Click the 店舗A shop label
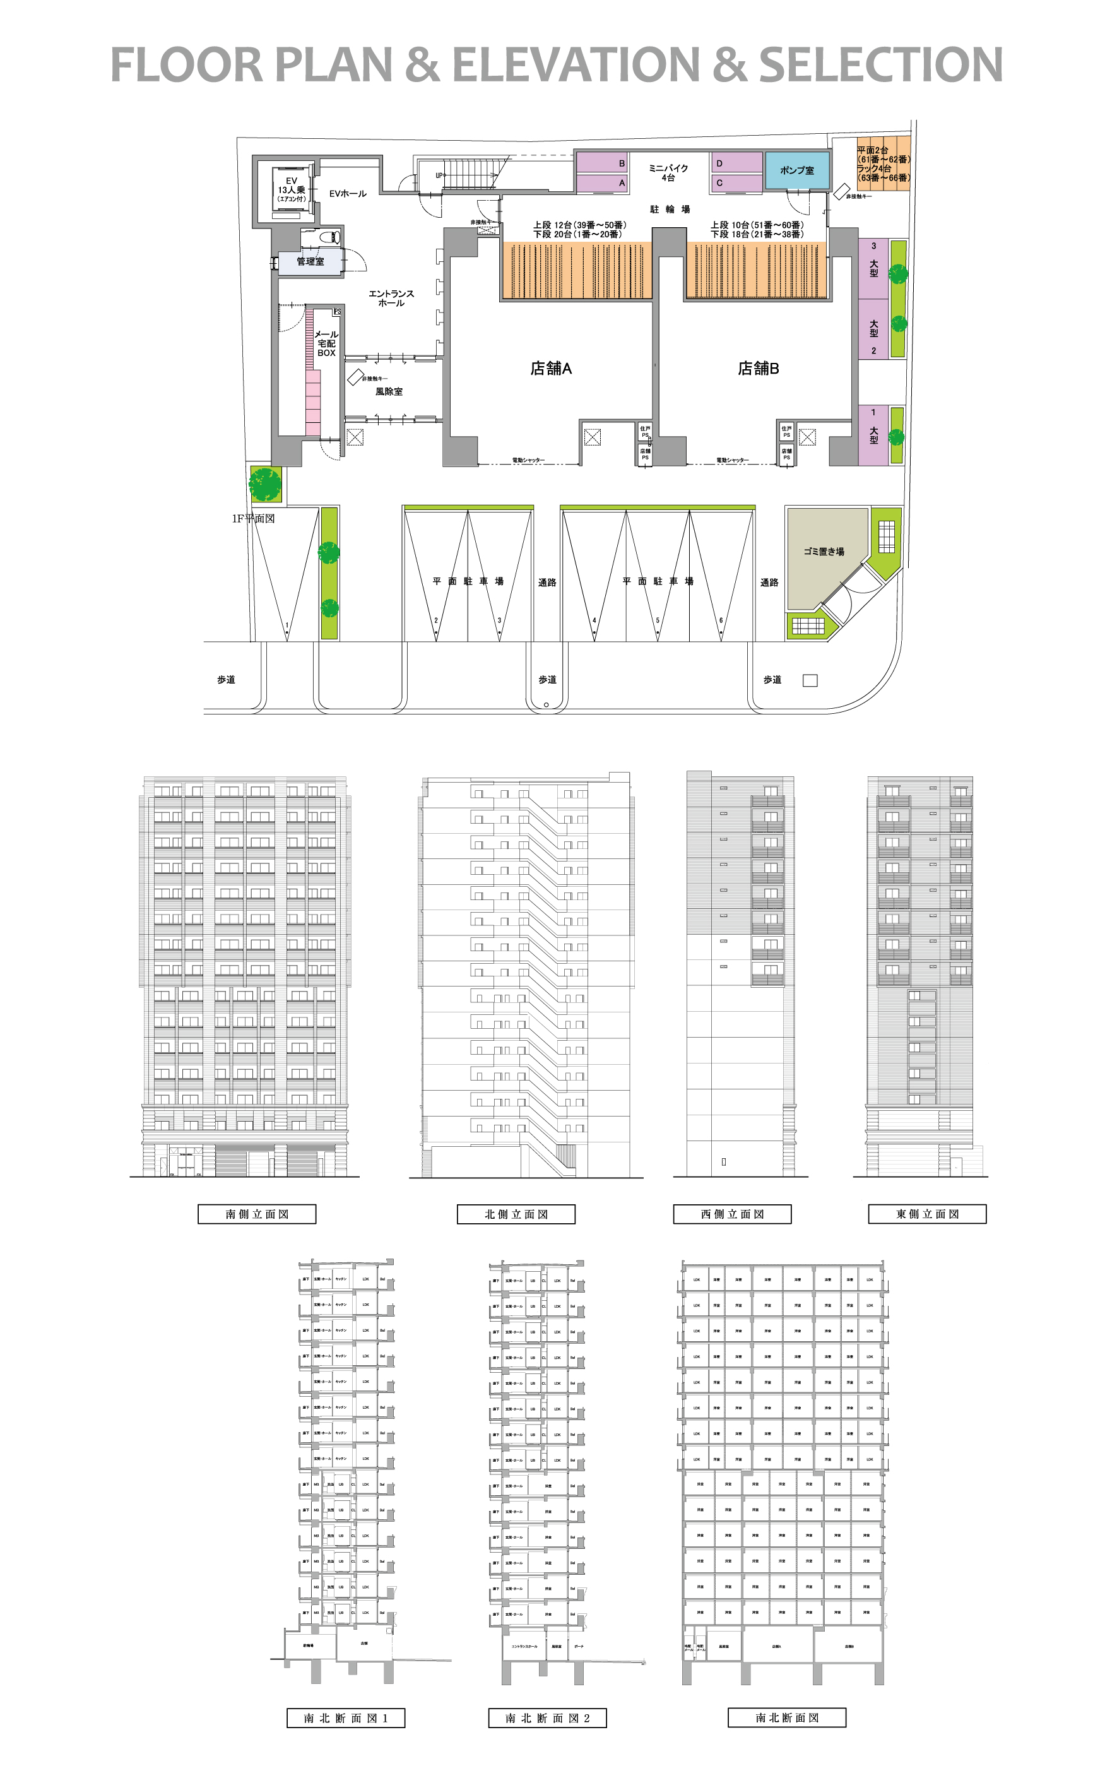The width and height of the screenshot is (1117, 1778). [x=551, y=369]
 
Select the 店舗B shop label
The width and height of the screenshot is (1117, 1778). [x=758, y=369]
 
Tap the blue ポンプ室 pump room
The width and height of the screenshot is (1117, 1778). [x=796, y=170]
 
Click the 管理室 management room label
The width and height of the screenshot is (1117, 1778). [x=310, y=261]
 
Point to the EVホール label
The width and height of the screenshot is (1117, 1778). [x=348, y=194]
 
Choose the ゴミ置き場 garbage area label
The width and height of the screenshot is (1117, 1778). [x=824, y=552]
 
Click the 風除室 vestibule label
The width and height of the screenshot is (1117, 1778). [x=389, y=391]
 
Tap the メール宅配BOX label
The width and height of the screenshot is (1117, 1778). [x=326, y=344]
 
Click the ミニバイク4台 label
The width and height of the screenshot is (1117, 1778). [x=668, y=173]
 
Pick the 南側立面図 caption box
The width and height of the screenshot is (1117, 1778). [x=257, y=1214]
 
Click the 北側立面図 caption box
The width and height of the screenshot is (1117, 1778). [x=516, y=1214]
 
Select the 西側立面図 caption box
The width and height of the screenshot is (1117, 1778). [x=733, y=1214]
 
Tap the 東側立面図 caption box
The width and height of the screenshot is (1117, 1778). [x=927, y=1214]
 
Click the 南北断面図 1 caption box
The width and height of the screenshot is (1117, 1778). [x=345, y=1718]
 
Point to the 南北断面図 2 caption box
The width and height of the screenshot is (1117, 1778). [x=547, y=1718]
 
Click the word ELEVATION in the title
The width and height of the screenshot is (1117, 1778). [x=576, y=65]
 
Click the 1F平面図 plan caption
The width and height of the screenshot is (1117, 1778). [x=253, y=519]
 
